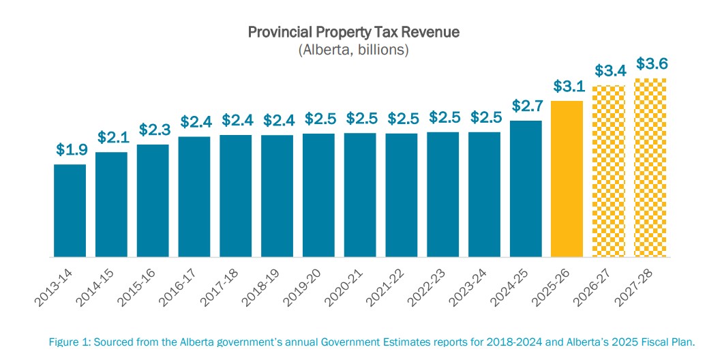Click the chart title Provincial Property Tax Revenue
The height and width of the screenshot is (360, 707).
pyautogui.click(x=353, y=33)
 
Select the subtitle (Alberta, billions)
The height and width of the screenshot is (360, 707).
pyautogui.click(x=353, y=50)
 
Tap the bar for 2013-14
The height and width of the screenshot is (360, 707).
pyautogui.click(x=70, y=210)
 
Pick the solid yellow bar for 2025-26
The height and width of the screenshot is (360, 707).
pyautogui.click(x=567, y=179)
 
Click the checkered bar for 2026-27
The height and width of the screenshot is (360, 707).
pyautogui.click(x=608, y=171)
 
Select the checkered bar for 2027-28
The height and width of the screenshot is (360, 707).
pyautogui.click(x=650, y=167)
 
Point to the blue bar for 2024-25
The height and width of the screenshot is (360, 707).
pyautogui.click(x=525, y=189)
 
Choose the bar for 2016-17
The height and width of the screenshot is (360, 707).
pyautogui.click(x=194, y=196)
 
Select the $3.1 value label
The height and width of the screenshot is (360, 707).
pyautogui.click(x=567, y=87)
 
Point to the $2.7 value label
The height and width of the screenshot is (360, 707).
pyautogui.click(x=526, y=106)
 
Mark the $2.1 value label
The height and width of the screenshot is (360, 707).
pyautogui.click(x=112, y=137)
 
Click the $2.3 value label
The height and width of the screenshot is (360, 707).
pyautogui.click(x=153, y=130)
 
